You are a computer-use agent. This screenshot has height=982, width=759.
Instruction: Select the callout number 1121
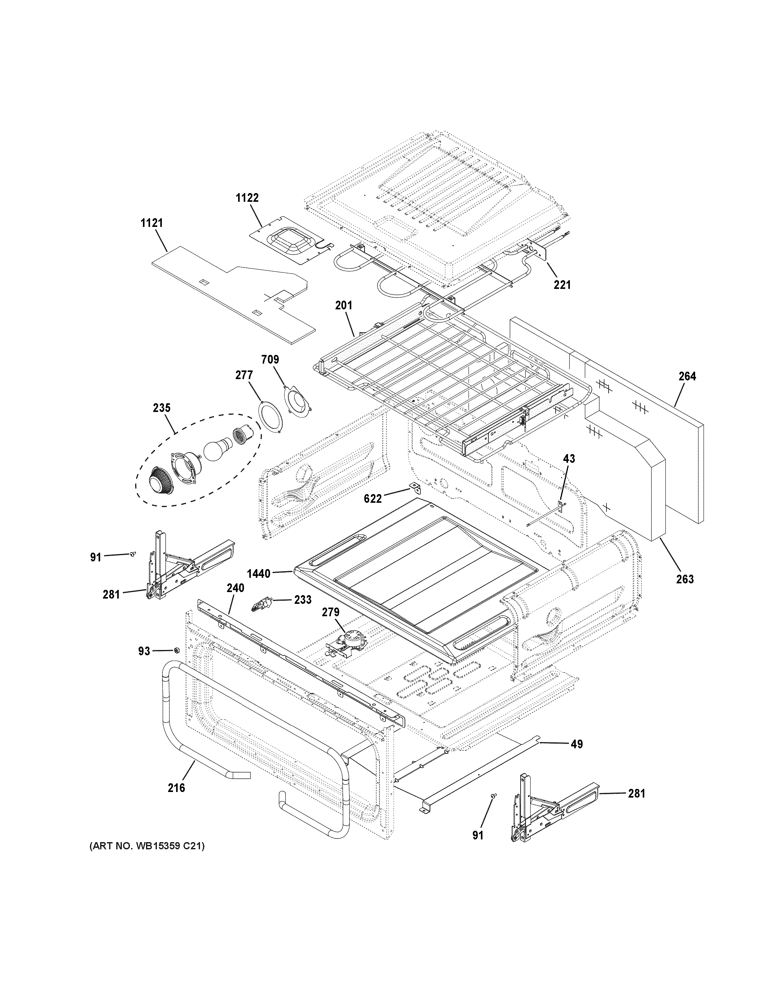[152, 223]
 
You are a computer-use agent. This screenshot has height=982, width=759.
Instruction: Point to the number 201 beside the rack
[344, 305]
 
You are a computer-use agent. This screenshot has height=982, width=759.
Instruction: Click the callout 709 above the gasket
[270, 359]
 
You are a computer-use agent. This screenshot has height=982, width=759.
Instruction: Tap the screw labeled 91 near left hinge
[132, 555]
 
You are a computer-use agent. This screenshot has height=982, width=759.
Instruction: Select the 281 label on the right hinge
[636, 794]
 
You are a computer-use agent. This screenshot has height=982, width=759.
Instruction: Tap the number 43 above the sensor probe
[569, 459]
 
